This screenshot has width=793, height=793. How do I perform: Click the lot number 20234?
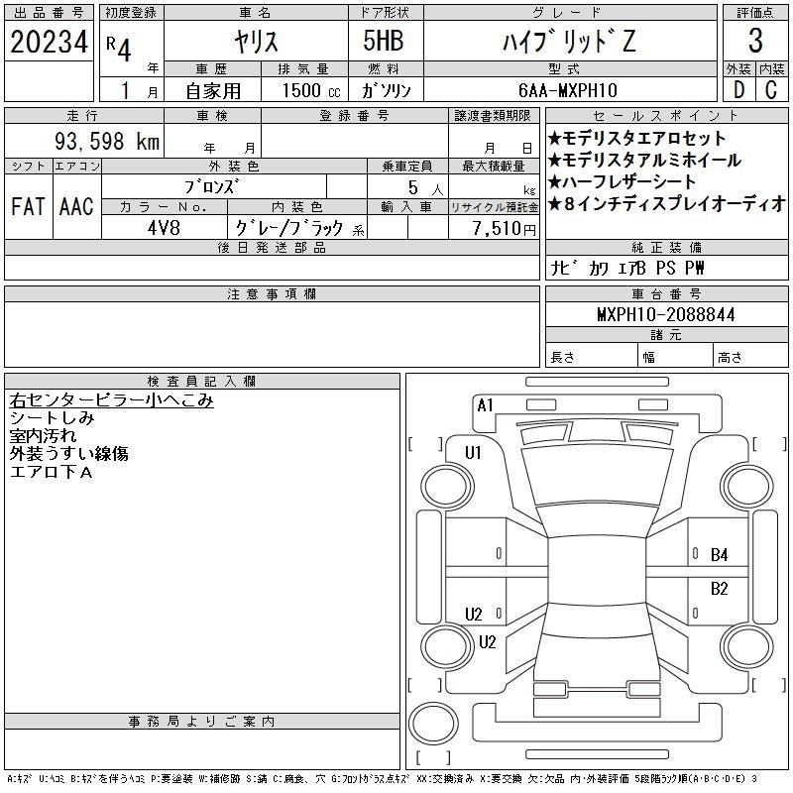click(x=49, y=42)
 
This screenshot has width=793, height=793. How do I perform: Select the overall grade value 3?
click(x=755, y=41)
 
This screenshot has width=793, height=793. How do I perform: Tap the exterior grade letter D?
click(x=738, y=90)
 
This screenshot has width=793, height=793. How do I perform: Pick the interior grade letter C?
click(x=771, y=90)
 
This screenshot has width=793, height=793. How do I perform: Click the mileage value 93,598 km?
click(x=107, y=141)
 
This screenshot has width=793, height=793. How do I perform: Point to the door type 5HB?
click(x=384, y=41)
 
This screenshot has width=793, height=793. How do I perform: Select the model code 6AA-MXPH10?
click(x=568, y=90)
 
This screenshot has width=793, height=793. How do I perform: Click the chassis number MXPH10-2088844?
click(x=665, y=314)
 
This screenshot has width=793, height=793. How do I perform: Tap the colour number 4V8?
click(x=164, y=228)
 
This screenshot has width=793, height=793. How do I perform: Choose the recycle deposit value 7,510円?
click(x=505, y=229)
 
